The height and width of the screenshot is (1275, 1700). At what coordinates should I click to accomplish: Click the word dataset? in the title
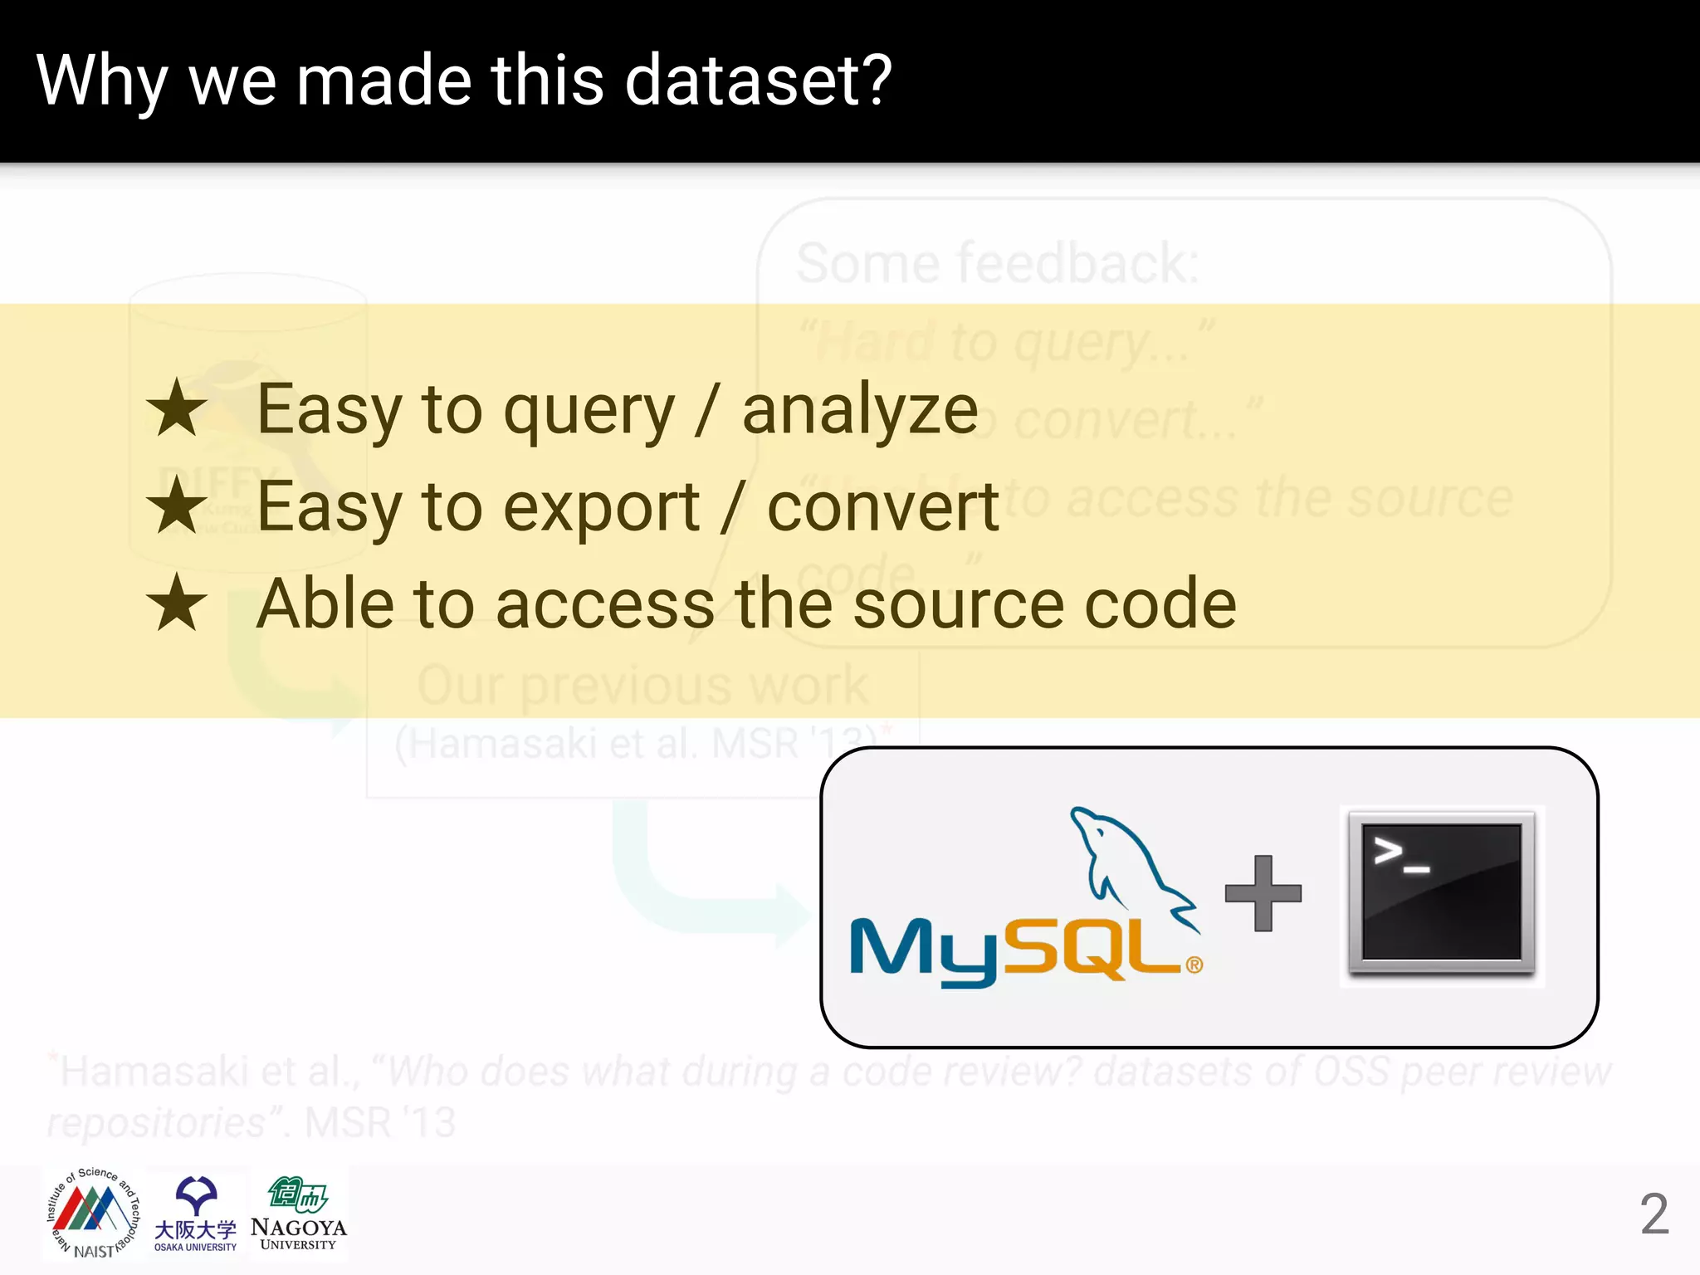tap(757, 81)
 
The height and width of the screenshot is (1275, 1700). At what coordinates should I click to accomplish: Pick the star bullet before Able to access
tap(176, 603)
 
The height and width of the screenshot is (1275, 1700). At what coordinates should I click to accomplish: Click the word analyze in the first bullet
tap(860, 411)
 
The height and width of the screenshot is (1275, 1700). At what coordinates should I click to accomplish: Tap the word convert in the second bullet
tap(882, 508)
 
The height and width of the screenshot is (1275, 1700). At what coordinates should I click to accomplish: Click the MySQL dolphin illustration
tap(1129, 863)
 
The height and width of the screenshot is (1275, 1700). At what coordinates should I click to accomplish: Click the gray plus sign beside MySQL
tap(1263, 893)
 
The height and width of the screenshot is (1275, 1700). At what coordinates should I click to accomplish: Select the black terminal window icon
tap(1441, 893)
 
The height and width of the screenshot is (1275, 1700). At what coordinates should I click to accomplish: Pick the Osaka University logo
tap(196, 1214)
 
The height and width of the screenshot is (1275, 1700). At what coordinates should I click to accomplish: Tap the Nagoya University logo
tap(298, 1214)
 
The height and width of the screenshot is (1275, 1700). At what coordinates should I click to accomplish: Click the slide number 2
tap(1654, 1214)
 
